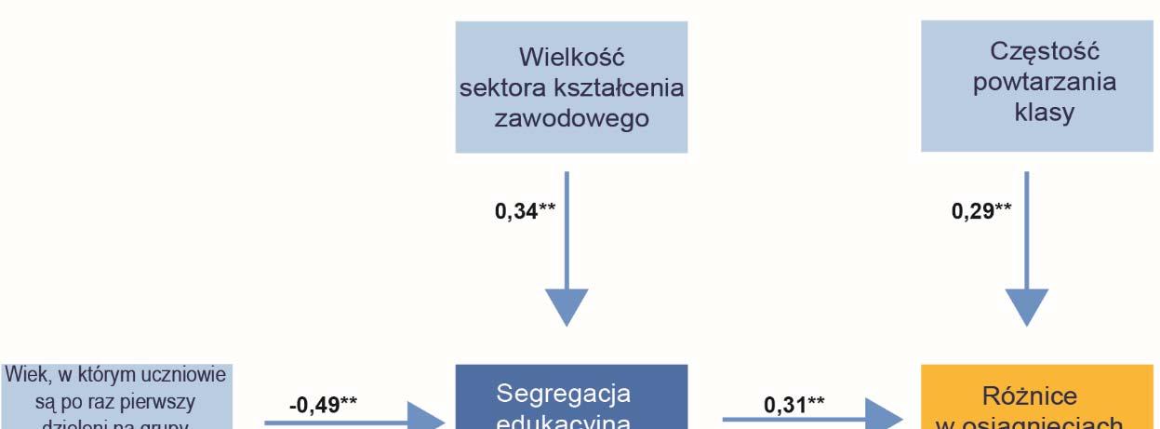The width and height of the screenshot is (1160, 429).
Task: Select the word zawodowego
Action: (570, 121)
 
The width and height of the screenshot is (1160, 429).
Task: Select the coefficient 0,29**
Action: (981, 211)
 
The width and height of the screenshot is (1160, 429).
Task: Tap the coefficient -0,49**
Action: (324, 404)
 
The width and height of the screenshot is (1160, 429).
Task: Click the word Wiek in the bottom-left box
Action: (22, 376)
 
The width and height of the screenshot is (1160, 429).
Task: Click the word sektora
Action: (504, 88)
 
